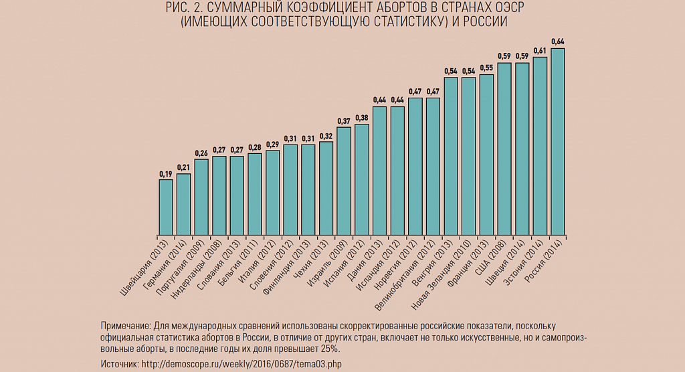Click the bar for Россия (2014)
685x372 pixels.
click(558, 142)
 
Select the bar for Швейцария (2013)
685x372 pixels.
click(166, 207)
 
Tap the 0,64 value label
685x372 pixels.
click(558, 41)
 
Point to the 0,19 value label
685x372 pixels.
click(166, 174)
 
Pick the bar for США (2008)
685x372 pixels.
click(504, 149)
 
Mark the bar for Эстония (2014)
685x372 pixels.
click(540, 146)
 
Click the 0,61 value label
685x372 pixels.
click(540, 51)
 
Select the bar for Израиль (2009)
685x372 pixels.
click(344, 181)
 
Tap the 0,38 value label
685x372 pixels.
click(362, 118)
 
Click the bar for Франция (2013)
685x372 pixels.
click(487, 155)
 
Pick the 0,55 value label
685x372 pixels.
click(487, 68)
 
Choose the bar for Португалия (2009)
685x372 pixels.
click(201, 197)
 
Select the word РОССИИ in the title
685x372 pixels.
click(486, 21)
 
